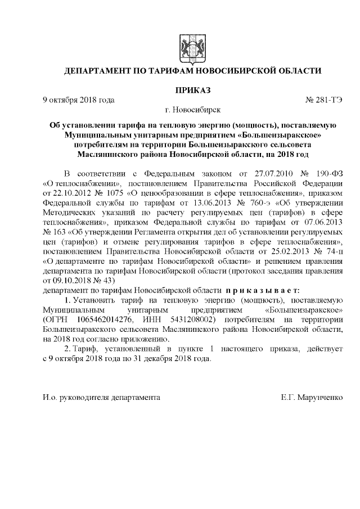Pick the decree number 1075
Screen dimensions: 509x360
pos(112,193)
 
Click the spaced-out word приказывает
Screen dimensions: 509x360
pos(258,290)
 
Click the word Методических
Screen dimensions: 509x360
pos(70,213)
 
